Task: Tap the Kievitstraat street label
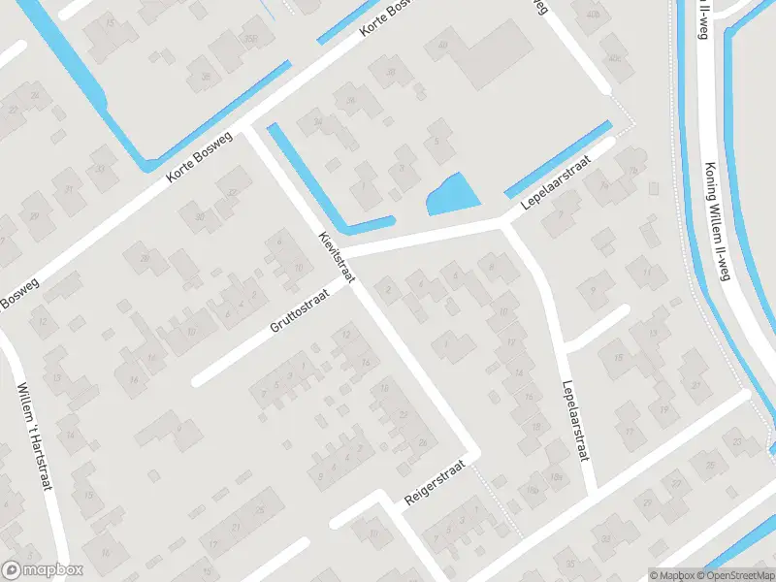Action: click(x=337, y=257)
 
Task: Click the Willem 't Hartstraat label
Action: click(x=33, y=436)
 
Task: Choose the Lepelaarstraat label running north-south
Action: click(x=575, y=421)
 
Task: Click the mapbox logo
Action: click(x=43, y=570)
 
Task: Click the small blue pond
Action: click(x=451, y=196)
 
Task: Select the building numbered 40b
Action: click(x=592, y=15)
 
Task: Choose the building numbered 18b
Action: click(x=532, y=493)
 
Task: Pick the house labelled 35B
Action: click(x=251, y=39)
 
